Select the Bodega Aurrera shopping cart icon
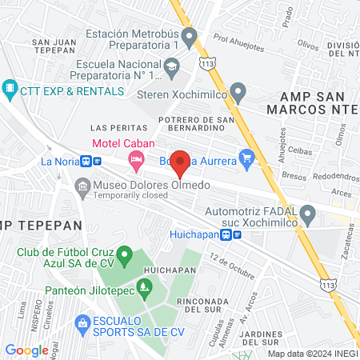(246, 158)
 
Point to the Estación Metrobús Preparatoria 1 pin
(190, 35)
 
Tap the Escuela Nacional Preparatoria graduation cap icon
(170, 72)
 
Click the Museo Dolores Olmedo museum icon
(82, 187)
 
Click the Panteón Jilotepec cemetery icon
(144, 287)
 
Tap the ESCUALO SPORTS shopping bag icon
(82, 322)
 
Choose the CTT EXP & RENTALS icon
(10, 86)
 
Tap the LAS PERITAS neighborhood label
(119, 128)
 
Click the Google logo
(26, 350)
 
